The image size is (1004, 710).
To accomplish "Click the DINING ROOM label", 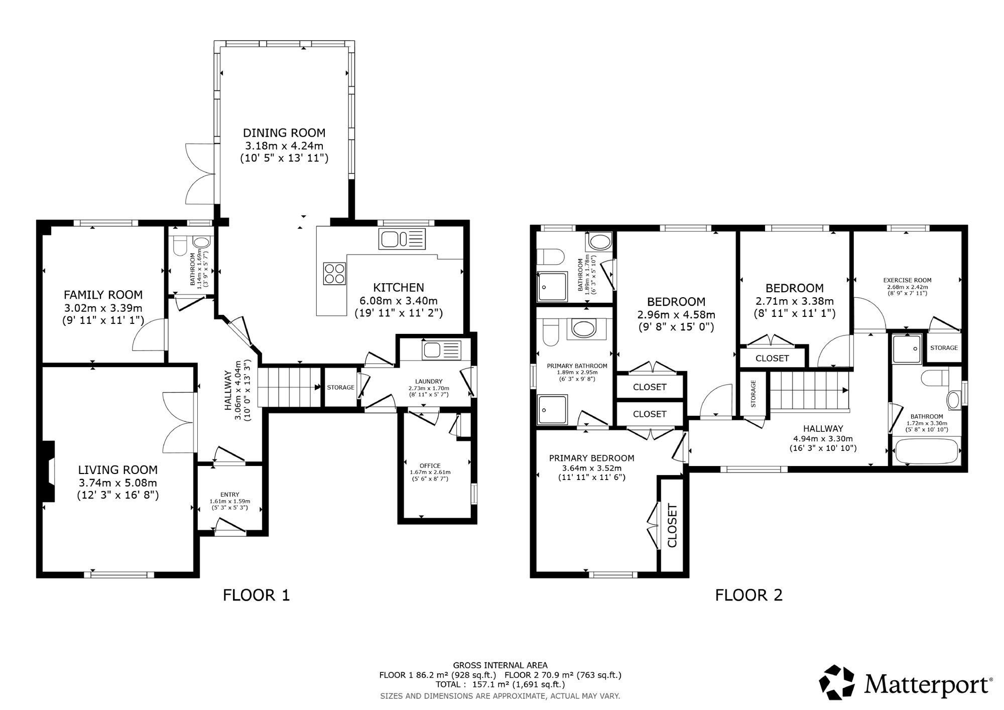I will tap(284, 133).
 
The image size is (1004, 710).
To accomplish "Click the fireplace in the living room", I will tap(49, 471).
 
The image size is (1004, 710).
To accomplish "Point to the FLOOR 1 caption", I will tap(256, 596).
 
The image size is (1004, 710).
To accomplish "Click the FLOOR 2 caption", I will tap(748, 596).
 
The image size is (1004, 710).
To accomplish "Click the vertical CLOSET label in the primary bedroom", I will tap(672, 525).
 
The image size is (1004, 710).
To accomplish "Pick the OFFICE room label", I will tap(430, 466).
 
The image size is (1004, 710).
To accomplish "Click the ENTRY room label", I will tap(229, 495).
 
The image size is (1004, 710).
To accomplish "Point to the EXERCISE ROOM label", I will tap(907, 281).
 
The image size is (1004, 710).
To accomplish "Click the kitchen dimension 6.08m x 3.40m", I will tap(398, 301).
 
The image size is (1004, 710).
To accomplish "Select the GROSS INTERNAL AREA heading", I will tap(500, 665).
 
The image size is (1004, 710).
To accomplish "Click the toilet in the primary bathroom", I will tap(550, 334).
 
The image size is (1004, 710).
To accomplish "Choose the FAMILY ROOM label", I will tap(103, 295).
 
